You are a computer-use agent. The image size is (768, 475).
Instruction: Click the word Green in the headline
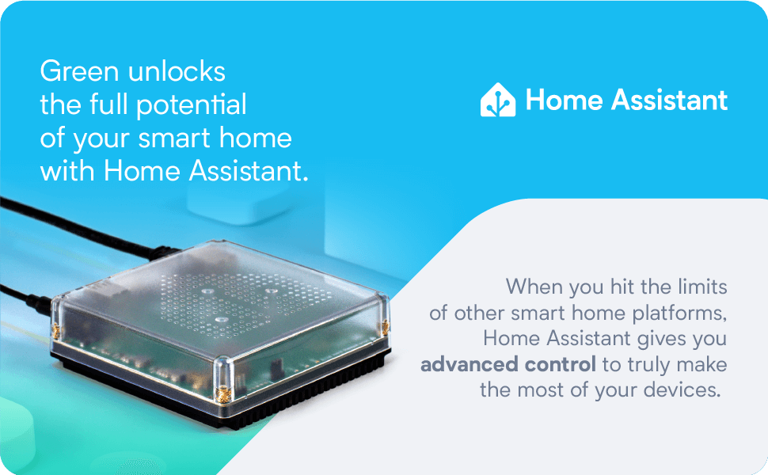[x=80, y=71]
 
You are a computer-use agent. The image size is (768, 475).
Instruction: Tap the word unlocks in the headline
[x=177, y=71]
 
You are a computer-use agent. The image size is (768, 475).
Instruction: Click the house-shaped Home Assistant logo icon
[x=498, y=100]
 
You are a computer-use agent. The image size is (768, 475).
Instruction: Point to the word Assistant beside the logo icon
[x=669, y=101]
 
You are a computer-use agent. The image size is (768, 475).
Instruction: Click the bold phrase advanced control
[x=508, y=364]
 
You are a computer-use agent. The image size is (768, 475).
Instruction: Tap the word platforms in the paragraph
[x=679, y=313]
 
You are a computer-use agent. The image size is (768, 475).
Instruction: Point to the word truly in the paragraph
[x=649, y=365]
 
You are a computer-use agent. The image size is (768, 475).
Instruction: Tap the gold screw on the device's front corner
[x=223, y=393]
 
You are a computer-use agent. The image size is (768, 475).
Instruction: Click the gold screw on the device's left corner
[x=56, y=332]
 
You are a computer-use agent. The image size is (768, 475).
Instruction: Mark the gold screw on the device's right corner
[x=386, y=327]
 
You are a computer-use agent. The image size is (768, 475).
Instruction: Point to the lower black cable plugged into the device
[x=25, y=298]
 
